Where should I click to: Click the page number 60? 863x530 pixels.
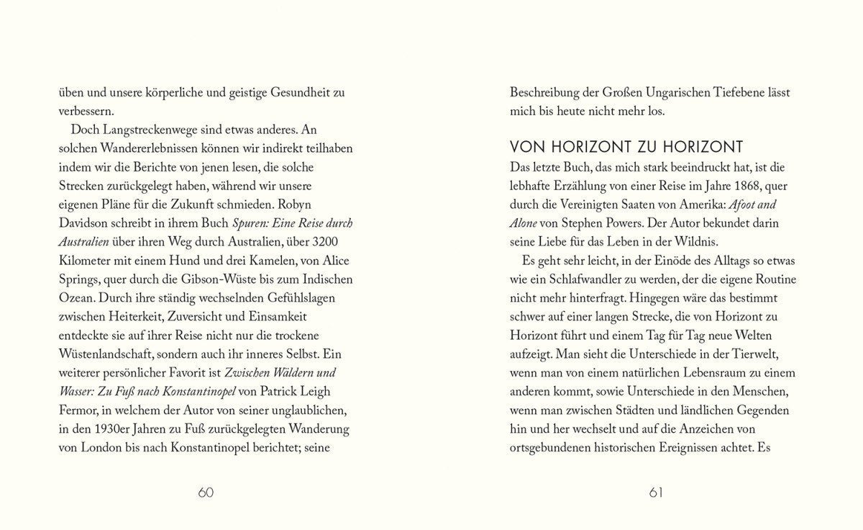point(206,493)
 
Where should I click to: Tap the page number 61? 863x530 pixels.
point(655,493)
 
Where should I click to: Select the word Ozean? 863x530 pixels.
point(76,297)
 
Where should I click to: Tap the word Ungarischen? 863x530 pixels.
point(676,92)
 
